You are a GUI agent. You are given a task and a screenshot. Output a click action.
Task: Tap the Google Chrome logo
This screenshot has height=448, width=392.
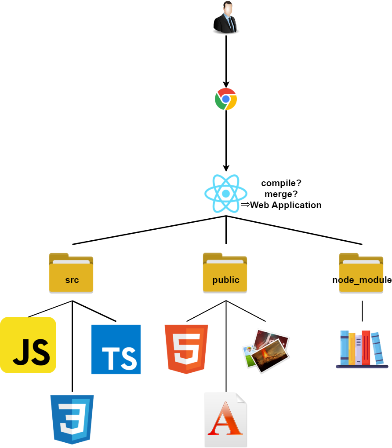(226, 99)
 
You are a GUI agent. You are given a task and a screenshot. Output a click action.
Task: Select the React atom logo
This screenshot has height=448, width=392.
(226, 194)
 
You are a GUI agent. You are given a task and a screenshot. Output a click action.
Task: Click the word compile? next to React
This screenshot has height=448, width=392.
(281, 183)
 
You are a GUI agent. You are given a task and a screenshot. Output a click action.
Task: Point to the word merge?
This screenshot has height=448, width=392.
(281, 194)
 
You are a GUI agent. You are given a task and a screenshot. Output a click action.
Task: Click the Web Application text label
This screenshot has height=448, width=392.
(286, 205)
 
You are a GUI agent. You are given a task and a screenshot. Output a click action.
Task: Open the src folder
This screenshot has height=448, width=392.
(71, 273)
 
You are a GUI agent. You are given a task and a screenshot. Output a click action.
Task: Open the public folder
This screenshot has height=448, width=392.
(225, 273)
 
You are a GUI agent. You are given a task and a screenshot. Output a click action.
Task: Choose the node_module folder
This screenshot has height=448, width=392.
(361, 273)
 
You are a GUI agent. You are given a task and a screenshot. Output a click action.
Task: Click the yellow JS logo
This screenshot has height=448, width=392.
(28, 345)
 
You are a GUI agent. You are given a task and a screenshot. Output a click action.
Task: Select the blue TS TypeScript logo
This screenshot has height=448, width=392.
(116, 349)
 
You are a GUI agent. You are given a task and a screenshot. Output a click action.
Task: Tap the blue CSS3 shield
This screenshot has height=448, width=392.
(72, 419)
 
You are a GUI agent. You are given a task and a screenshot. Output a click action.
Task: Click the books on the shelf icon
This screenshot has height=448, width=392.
(362, 349)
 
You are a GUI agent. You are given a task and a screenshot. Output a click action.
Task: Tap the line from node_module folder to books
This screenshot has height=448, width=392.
(362, 311)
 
